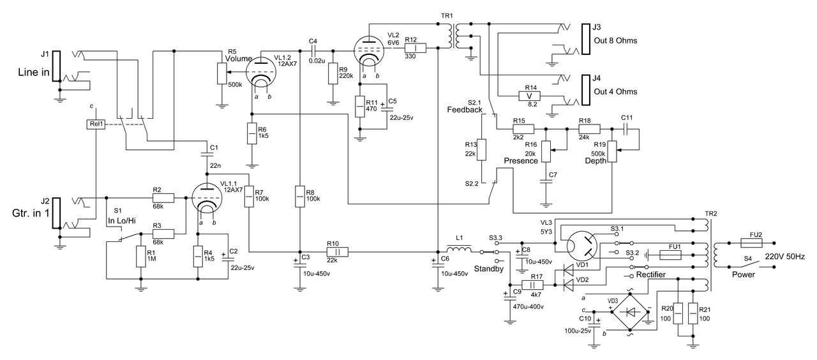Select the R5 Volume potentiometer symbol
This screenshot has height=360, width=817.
221,73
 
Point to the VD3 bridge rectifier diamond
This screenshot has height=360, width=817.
630,312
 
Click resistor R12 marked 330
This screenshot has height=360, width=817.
415,48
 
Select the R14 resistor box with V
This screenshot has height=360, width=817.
528,96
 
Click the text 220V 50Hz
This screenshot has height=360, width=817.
784,257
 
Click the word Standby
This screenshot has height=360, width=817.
489,269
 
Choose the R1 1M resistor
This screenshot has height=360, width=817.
140,257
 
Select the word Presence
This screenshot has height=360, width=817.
520,161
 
